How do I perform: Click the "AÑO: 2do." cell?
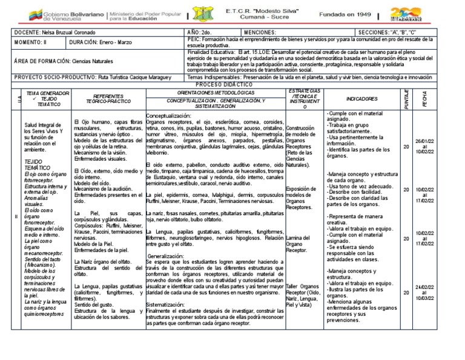coord(198,32)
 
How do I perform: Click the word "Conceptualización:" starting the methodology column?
coord(169,116)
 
